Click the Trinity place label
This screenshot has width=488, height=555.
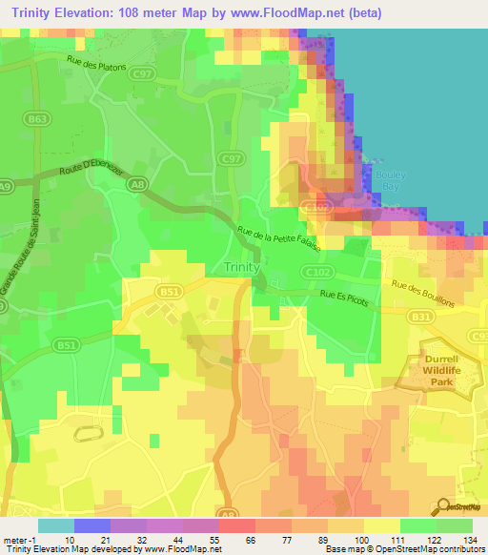pos(242,267)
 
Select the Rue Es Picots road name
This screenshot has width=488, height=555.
pos(343,297)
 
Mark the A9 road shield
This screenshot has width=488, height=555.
pos(5,187)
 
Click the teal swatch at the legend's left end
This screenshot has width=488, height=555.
pos(56,525)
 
